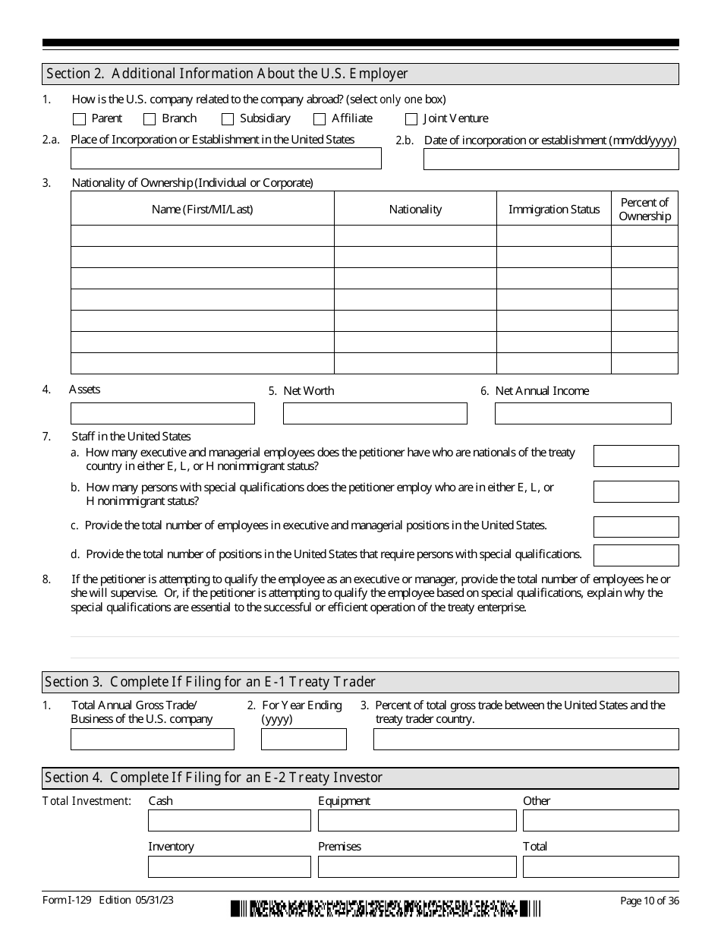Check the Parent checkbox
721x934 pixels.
click(x=80, y=119)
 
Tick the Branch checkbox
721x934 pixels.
click(x=150, y=119)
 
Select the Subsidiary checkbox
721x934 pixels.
click(x=228, y=119)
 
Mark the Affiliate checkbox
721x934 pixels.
click(x=320, y=119)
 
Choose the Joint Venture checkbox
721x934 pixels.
click(x=411, y=119)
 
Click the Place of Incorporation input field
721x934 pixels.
click(x=225, y=159)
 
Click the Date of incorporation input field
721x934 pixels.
click(x=551, y=159)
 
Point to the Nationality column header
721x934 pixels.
click(x=415, y=210)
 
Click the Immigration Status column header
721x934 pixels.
click(x=554, y=210)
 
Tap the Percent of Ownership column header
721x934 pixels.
click(x=644, y=209)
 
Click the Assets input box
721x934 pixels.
click(x=162, y=413)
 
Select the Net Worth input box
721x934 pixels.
click(x=375, y=413)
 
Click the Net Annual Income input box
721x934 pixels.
click(x=583, y=413)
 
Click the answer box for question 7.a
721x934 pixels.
click(x=636, y=456)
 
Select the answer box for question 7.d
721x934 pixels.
click(x=636, y=555)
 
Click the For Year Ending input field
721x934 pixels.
click(x=304, y=739)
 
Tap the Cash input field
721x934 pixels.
click(x=229, y=820)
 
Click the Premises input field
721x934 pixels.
click(x=417, y=866)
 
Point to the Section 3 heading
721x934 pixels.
click(x=210, y=682)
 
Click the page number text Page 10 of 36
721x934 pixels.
click(x=649, y=901)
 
